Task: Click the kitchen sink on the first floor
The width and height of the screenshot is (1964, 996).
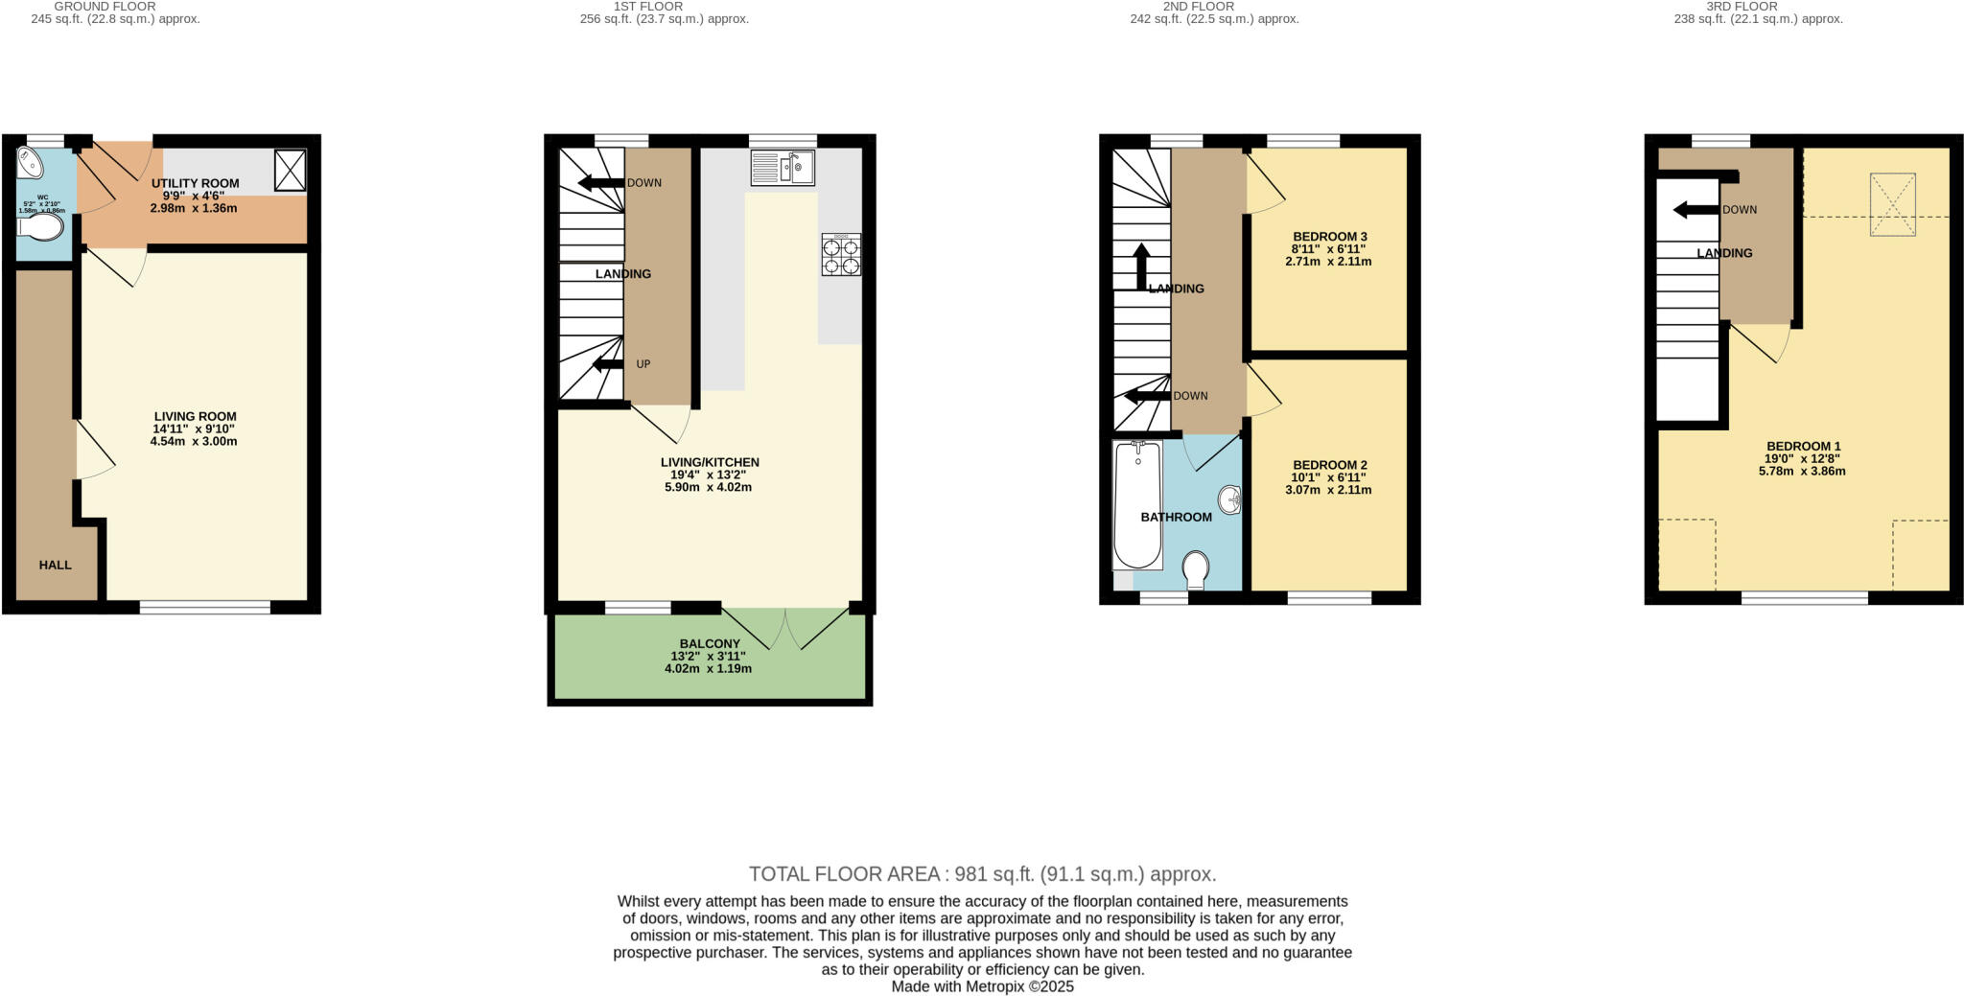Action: click(783, 168)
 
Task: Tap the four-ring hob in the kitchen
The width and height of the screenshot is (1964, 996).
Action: click(841, 255)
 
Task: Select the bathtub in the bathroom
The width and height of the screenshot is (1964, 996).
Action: click(1136, 505)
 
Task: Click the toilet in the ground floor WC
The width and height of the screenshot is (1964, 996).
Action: click(42, 228)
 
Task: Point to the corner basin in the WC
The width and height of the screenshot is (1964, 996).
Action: click(29, 164)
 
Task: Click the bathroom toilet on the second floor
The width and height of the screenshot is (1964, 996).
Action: click(1196, 570)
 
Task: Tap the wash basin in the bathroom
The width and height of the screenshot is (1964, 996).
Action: click(1230, 499)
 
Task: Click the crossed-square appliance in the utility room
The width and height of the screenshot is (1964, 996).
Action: click(290, 170)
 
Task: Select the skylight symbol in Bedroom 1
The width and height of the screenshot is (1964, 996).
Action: click(1892, 204)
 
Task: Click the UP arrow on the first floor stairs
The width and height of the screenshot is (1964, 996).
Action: click(608, 364)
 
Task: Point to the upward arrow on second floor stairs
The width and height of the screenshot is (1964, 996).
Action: click(1141, 266)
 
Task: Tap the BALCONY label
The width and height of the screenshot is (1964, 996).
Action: click(710, 644)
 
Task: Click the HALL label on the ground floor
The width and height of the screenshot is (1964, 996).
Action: click(55, 566)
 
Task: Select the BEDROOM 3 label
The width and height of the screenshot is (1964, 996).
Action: click(1329, 237)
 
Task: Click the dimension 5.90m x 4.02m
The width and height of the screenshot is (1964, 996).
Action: click(708, 487)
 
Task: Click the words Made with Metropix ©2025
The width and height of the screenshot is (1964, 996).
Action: click(982, 986)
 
